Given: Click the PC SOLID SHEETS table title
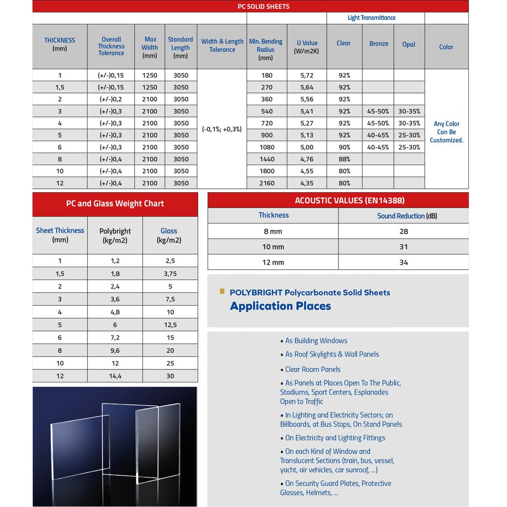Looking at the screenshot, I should (x=263, y=6).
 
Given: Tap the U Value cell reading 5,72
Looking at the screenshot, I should (x=307, y=75).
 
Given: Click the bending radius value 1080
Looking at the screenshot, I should (x=267, y=147).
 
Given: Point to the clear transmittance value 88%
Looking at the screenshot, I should (x=344, y=159).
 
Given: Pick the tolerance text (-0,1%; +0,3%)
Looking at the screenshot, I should (x=222, y=129).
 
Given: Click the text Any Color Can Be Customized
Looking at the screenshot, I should (x=446, y=132).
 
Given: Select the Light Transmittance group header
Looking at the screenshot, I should (x=371, y=18).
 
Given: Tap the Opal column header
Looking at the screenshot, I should (x=409, y=44).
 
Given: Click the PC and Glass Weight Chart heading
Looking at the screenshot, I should (x=115, y=204).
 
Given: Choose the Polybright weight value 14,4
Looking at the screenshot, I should (x=115, y=376).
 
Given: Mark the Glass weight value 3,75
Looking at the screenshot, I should (x=170, y=274).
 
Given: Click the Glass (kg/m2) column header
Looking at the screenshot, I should (x=169, y=235).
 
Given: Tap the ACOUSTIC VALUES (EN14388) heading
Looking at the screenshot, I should (x=349, y=201).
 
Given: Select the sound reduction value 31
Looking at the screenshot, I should (x=403, y=247).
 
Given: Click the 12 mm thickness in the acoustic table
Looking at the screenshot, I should (x=273, y=263).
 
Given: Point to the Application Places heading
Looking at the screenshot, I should (x=280, y=306).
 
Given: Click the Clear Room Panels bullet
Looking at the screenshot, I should (x=312, y=370).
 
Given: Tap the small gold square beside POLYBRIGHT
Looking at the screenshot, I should (x=222, y=292).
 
